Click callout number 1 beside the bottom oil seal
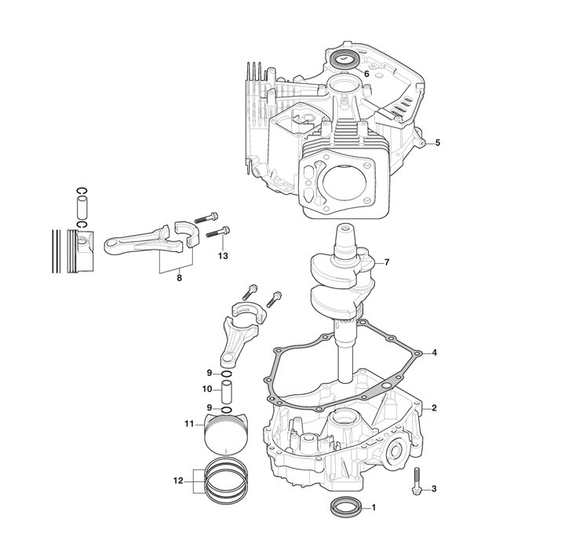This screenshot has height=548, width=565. (x=374, y=508)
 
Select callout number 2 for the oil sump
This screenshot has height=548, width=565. (x=434, y=408)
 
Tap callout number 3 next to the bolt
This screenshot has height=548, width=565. (x=434, y=489)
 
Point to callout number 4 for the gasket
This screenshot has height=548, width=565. (x=434, y=353)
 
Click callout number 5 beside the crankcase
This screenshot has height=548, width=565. (x=437, y=143)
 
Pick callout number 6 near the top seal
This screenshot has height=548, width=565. (x=366, y=74)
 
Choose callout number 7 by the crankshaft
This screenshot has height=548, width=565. (x=387, y=262)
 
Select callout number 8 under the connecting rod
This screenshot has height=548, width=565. (x=179, y=278)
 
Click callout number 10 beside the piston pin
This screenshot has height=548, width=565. (x=207, y=389)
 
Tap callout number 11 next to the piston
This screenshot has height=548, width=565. (x=190, y=424)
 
